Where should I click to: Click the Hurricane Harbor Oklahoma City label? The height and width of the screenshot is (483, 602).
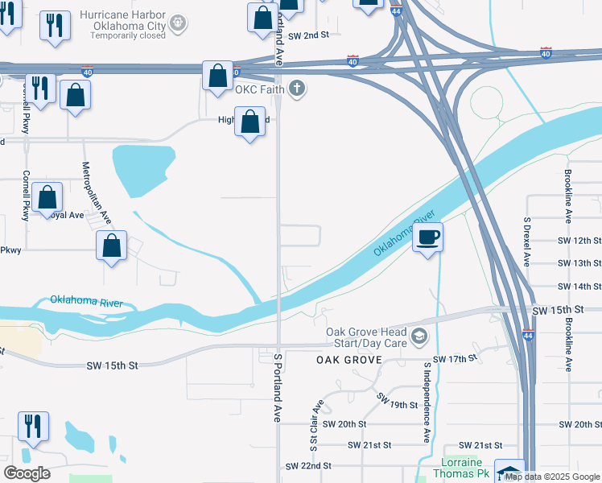(x=125, y=23)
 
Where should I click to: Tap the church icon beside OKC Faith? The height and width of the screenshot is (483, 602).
(x=298, y=89)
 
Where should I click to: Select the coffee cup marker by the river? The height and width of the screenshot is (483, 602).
(x=428, y=237)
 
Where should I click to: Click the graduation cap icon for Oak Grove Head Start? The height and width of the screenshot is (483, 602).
(x=419, y=336)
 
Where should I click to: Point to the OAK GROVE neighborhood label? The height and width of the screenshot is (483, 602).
(x=348, y=360)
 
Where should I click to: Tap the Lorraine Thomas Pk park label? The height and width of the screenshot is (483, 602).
(x=461, y=469)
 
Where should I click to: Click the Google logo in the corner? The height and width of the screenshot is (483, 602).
(x=27, y=473)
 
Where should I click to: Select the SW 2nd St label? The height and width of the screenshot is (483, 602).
(x=310, y=35)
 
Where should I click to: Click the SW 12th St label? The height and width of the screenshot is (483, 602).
(x=579, y=241)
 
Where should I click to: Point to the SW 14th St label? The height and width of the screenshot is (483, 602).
(x=579, y=287)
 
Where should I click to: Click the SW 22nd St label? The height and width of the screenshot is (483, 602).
(x=309, y=466)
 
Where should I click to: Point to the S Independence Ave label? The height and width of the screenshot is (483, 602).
(x=426, y=402)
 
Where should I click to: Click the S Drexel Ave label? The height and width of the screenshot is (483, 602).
(x=528, y=242)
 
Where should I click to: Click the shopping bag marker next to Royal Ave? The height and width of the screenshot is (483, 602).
(x=48, y=197)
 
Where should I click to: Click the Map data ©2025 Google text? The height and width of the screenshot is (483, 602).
(x=553, y=477)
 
